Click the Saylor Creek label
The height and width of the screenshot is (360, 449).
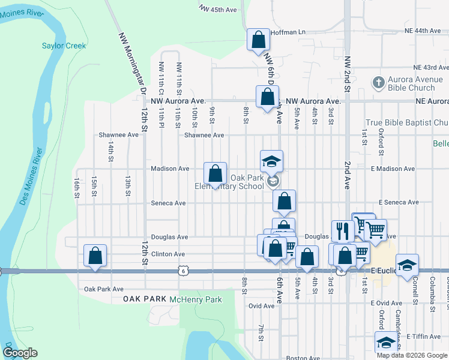tap(64, 46)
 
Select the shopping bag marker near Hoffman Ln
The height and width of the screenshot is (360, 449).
tap(258, 41)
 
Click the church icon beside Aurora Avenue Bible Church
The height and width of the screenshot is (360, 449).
tap(378, 82)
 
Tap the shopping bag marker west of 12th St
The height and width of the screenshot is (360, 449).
tap(95, 255)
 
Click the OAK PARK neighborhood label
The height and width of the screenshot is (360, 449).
tap(144, 299)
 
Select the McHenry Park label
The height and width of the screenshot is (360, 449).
tap(196, 299)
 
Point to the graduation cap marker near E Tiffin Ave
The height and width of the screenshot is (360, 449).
tap(386, 342)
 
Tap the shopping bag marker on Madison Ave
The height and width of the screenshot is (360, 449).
tap(215, 174)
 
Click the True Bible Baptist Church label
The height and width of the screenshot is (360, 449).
tap(407, 123)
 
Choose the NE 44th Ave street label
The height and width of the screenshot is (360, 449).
tap(423, 31)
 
